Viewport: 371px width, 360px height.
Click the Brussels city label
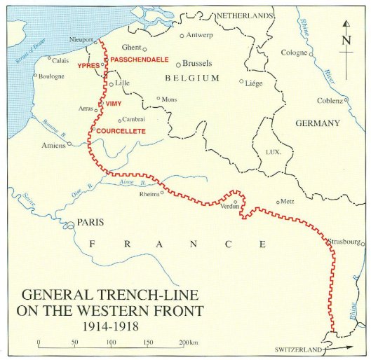197,62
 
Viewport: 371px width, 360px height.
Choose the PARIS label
90,223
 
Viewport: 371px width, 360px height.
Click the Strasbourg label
344,242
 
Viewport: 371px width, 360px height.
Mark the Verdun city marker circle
236,201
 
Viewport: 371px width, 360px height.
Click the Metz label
288,200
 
